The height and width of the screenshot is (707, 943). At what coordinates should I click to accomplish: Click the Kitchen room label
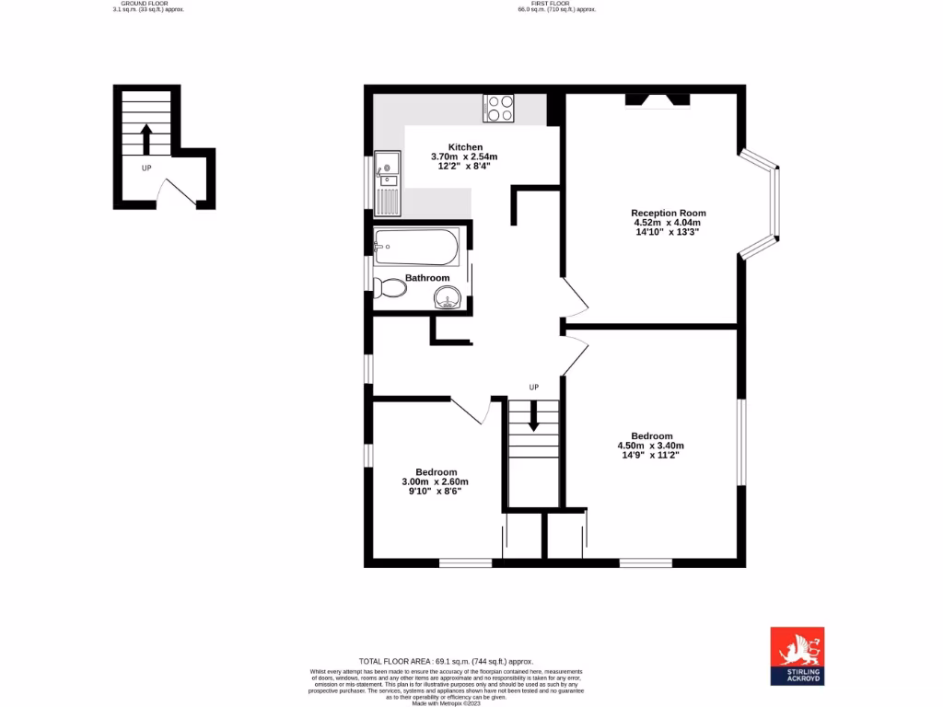tap(465, 147)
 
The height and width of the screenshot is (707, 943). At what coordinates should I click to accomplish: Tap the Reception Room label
tap(669, 213)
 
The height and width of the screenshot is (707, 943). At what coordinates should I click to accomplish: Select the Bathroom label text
tap(427, 278)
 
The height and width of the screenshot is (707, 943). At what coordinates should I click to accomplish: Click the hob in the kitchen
tap(499, 109)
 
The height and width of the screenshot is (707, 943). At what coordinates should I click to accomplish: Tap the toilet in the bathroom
tap(391, 289)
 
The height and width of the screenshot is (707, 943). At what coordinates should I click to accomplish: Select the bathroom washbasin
tap(448, 297)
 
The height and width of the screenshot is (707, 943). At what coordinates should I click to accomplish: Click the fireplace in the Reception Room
tap(657, 99)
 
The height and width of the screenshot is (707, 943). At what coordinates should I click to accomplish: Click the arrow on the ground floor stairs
tap(146, 140)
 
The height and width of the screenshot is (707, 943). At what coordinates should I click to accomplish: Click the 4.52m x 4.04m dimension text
tap(668, 223)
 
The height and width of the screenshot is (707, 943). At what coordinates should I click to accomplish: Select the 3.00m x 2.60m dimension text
tap(435, 481)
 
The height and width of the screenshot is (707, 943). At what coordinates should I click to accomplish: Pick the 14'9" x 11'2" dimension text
tap(651, 455)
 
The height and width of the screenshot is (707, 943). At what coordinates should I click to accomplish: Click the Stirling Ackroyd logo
tap(797, 656)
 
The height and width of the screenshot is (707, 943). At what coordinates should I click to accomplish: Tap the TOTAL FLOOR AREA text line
tap(446, 661)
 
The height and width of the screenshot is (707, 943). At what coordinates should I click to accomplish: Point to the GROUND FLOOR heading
tap(136, 4)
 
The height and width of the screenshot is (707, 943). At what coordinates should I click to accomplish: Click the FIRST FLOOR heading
tap(556, 4)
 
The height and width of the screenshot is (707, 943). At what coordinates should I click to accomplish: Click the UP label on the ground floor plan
tap(146, 168)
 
